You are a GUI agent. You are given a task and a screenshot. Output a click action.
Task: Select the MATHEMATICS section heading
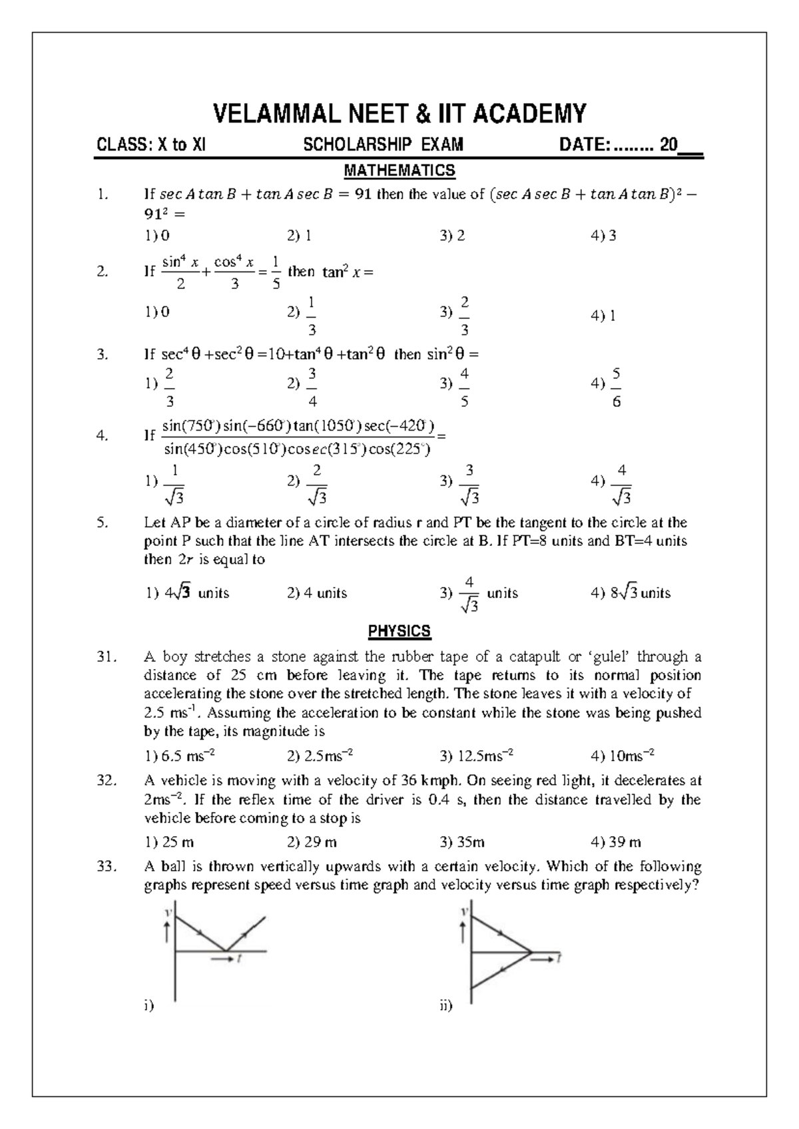(399, 170)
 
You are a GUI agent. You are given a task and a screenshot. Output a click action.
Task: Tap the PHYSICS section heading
(399, 631)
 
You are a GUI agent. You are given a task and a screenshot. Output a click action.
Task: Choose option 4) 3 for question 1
(603, 236)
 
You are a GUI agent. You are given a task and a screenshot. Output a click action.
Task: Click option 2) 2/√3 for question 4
(308, 485)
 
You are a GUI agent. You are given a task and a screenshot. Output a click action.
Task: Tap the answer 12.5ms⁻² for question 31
(477, 756)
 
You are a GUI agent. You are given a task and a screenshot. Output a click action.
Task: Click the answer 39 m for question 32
(616, 843)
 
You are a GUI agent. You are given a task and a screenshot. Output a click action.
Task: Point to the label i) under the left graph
(148, 1006)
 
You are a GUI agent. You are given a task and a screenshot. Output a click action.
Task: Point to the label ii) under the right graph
(445, 1006)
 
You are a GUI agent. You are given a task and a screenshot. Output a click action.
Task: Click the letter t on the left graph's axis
(238, 959)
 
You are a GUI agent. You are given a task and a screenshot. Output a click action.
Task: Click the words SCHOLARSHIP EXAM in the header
(384, 145)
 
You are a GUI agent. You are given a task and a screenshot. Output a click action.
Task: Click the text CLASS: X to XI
(151, 145)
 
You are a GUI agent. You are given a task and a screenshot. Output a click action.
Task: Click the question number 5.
(102, 523)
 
